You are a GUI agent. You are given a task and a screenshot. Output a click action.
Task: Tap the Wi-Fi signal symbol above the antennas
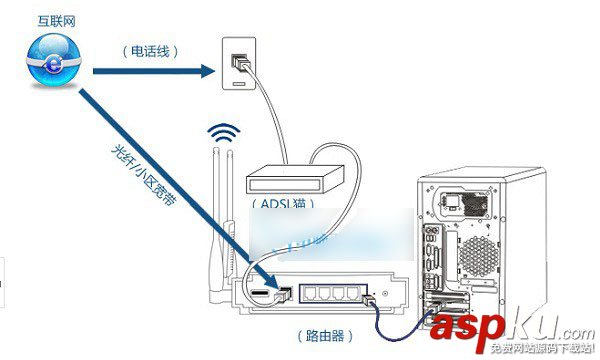coord(222,135)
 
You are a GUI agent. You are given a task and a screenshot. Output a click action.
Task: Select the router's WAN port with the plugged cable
coord(284,293)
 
